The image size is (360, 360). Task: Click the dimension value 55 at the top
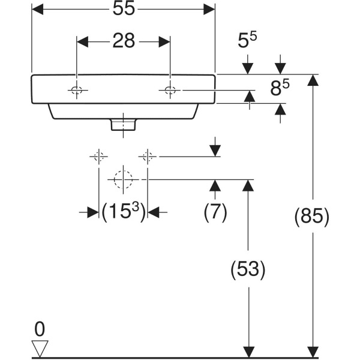point(123,9)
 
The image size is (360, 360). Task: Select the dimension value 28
point(123,41)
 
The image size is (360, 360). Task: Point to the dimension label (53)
point(248,269)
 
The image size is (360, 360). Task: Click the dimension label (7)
point(215,212)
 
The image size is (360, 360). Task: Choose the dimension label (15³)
point(123,212)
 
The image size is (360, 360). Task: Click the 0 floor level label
point(40,329)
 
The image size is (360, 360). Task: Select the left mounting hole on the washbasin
point(76,91)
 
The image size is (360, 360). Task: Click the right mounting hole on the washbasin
point(170,91)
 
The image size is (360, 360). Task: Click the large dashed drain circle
point(123,179)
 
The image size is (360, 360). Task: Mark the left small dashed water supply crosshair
point(99,157)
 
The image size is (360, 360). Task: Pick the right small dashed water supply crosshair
point(148,157)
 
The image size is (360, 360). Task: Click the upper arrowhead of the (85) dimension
point(311,80)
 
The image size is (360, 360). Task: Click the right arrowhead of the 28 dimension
point(164,41)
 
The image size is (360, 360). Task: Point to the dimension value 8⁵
point(280,89)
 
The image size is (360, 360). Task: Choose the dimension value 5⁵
point(248,41)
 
